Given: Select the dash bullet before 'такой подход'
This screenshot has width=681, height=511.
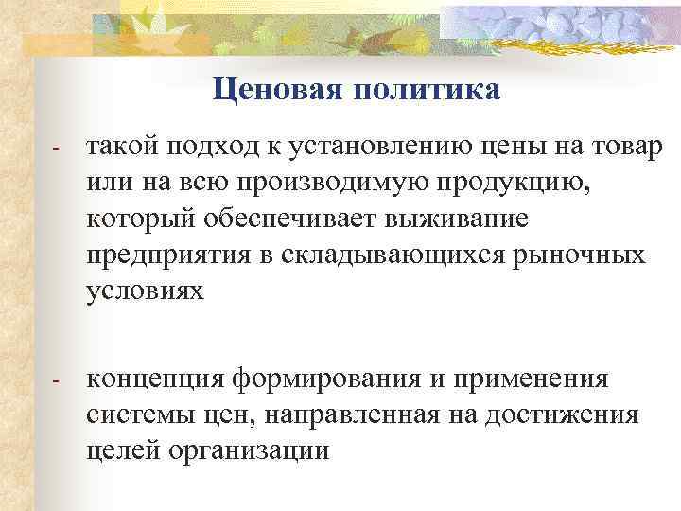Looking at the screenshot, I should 57,150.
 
